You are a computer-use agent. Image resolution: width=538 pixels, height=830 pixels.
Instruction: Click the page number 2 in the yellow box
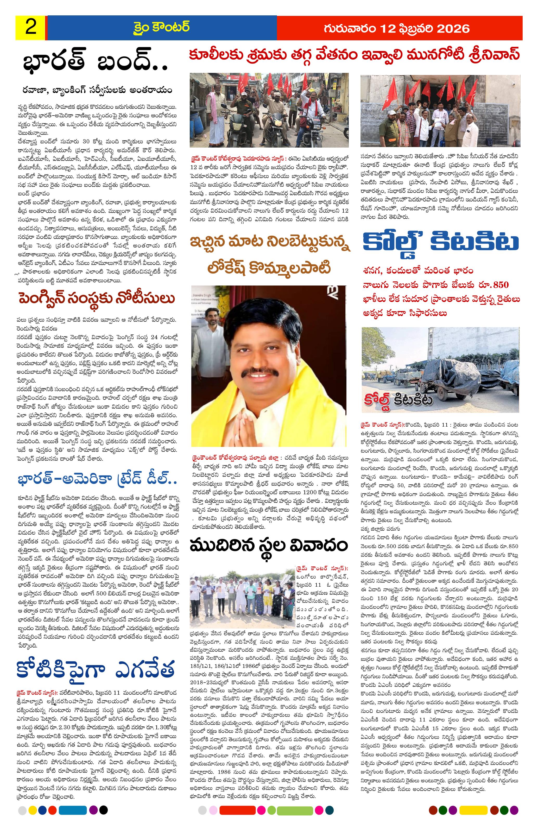coord(31,28)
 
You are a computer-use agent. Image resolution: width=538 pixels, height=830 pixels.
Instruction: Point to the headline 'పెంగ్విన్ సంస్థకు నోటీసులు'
coord(97,299)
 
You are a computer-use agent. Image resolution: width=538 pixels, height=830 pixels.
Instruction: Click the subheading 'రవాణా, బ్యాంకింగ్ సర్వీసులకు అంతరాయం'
coord(96,90)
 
